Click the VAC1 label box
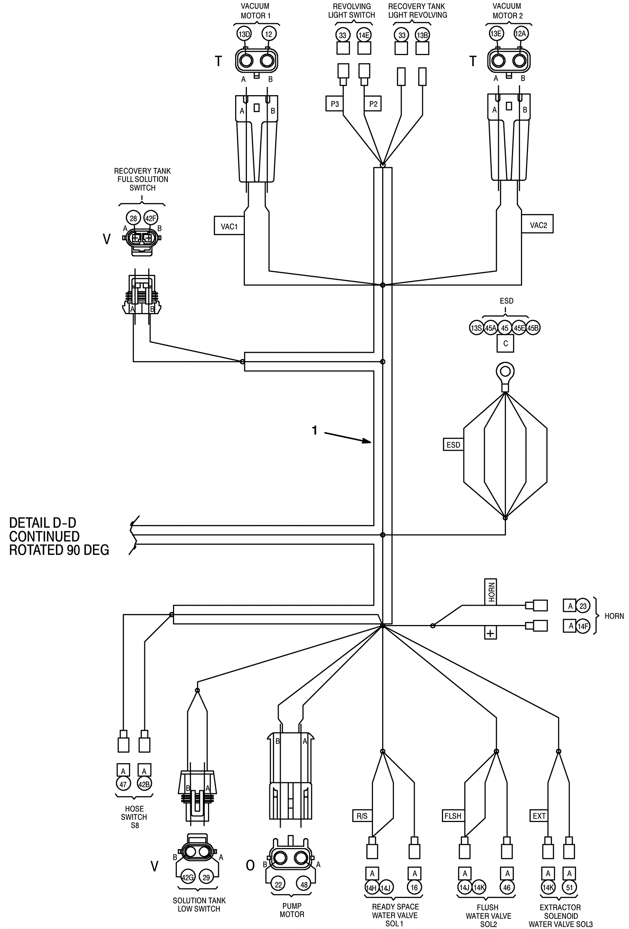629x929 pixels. [x=229, y=226]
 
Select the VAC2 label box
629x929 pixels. [x=537, y=225]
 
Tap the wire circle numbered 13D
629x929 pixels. [x=244, y=34]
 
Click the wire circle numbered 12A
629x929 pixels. [x=520, y=33]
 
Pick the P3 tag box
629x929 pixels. [x=335, y=104]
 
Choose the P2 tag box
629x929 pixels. [x=373, y=104]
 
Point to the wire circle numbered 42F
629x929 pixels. [x=151, y=218]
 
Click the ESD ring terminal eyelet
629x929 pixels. [x=505, y=372]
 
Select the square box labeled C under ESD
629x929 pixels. [x=506, y=343]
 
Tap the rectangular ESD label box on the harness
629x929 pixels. [x=453, y=444]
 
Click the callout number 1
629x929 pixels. [x=314, y=430]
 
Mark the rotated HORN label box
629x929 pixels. [x=491, y=592]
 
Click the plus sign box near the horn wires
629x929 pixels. [x=490, y=633]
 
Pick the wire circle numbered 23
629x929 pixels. [x=583, y=606]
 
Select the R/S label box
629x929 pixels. [x=362, y=816]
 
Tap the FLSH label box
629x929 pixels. [x=453, y=816]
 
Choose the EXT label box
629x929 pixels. [x=539, y=816]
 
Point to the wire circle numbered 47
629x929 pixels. [x=123, y=784]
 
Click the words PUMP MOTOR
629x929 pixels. [x=292, y=910]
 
